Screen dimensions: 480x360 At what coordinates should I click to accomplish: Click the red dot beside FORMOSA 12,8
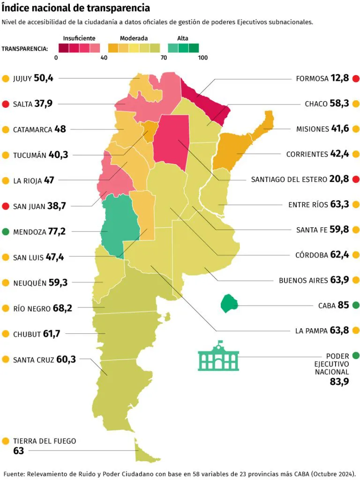coord(356,78)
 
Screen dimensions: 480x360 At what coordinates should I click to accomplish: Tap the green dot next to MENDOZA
coord(6,232)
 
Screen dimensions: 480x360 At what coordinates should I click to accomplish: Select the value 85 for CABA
coord(343,306)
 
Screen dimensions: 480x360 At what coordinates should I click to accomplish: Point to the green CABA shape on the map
coord(229,303)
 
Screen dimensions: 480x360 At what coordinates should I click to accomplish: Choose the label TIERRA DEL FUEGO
coord(45,441)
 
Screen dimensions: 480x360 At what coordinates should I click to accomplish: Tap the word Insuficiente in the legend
coord(79,38)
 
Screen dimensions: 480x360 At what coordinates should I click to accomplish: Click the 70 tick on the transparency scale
coord(164,58)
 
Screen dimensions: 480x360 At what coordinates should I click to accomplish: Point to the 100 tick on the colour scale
coord(202,58)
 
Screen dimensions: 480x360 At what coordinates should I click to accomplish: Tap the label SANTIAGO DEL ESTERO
coord(287,179)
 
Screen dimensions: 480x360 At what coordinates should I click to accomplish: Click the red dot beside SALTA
coord(6,104)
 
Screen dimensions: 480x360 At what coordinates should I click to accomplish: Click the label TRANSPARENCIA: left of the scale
coord(25,48)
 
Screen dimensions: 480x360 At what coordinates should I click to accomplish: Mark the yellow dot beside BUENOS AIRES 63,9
coord(356,280)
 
